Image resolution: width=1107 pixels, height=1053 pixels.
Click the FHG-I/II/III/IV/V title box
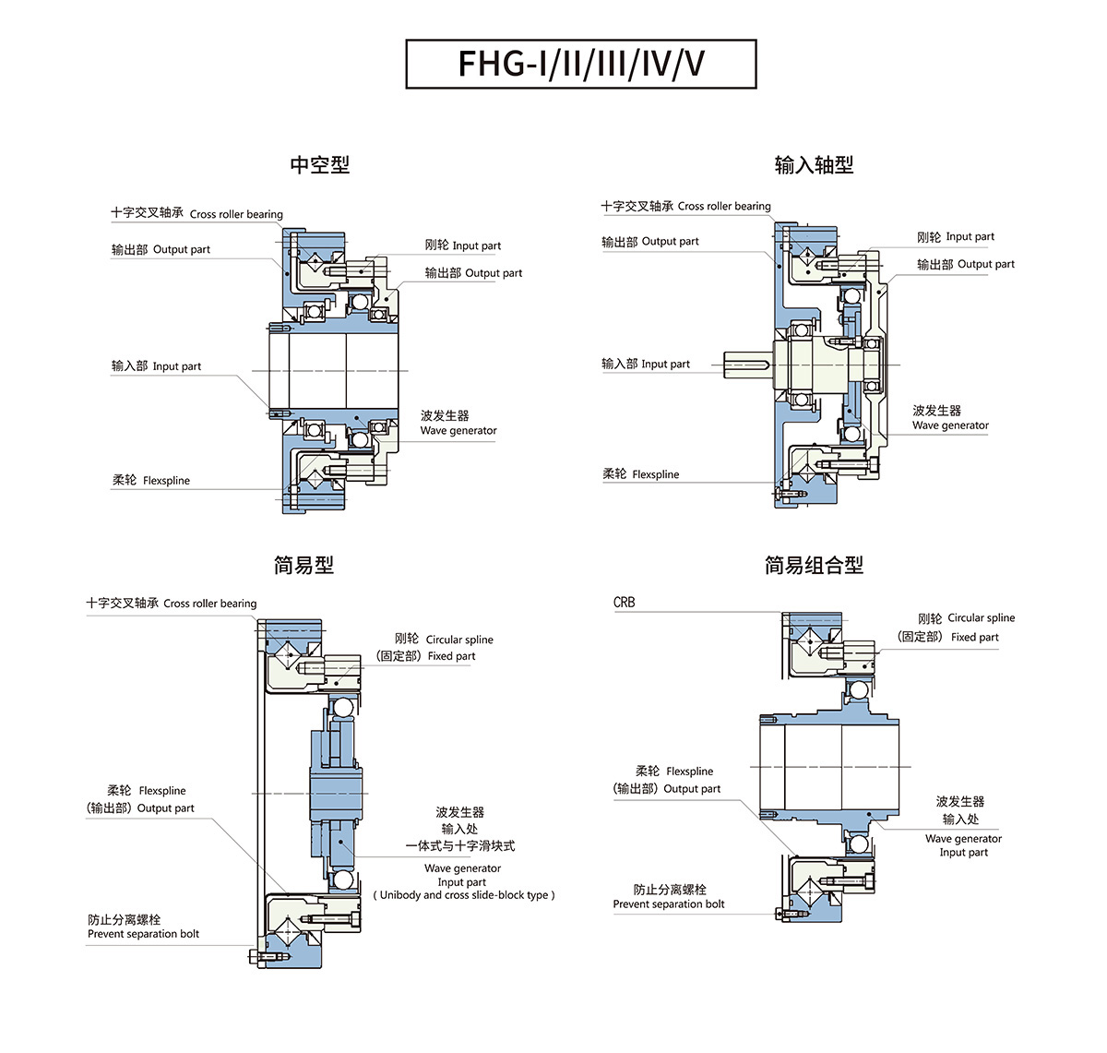pos(581,64)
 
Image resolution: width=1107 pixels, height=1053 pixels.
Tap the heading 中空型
pos(320,165)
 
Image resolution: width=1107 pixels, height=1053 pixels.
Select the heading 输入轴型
pos(814,165)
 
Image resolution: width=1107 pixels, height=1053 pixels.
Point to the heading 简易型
pos(304,565)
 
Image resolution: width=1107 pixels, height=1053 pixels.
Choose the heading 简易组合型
pos(814,565)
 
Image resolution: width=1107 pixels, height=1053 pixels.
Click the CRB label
pos(625,602)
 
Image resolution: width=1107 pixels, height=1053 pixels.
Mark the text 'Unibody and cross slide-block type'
pos(464,895)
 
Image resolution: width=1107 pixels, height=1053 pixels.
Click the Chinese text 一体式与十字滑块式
pos(460,845)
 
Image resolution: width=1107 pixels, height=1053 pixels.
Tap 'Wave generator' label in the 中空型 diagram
pos(458,430)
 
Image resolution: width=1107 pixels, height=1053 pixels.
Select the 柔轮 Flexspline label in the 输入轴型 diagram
pos(641,474)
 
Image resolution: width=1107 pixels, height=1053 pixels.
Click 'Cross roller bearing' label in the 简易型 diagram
pos(210,604)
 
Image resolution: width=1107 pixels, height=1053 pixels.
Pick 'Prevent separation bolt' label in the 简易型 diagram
pos(143,934)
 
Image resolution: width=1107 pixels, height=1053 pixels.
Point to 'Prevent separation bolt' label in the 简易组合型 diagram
pos(669,904)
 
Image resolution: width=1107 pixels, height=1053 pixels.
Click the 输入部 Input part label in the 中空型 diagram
pos(157,366)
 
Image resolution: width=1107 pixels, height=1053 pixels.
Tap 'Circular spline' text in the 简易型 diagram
pos(459,640)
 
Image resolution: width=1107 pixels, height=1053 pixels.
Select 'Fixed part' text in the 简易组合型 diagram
pos(975,638)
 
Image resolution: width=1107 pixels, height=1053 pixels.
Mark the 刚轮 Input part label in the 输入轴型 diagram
pos(956,237)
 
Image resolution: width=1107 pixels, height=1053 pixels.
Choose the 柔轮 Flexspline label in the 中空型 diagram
pos(151,481)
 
